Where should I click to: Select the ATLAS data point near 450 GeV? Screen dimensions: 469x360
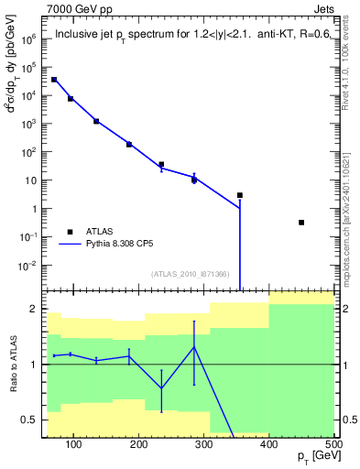coord(301,223)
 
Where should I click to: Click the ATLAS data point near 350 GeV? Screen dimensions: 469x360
coord(240,195)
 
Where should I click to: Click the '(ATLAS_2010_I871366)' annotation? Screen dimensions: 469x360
coord(191,273)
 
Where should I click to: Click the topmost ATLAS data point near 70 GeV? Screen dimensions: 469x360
coord(54,80)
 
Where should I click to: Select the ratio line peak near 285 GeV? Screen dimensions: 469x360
coord(194,346)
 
